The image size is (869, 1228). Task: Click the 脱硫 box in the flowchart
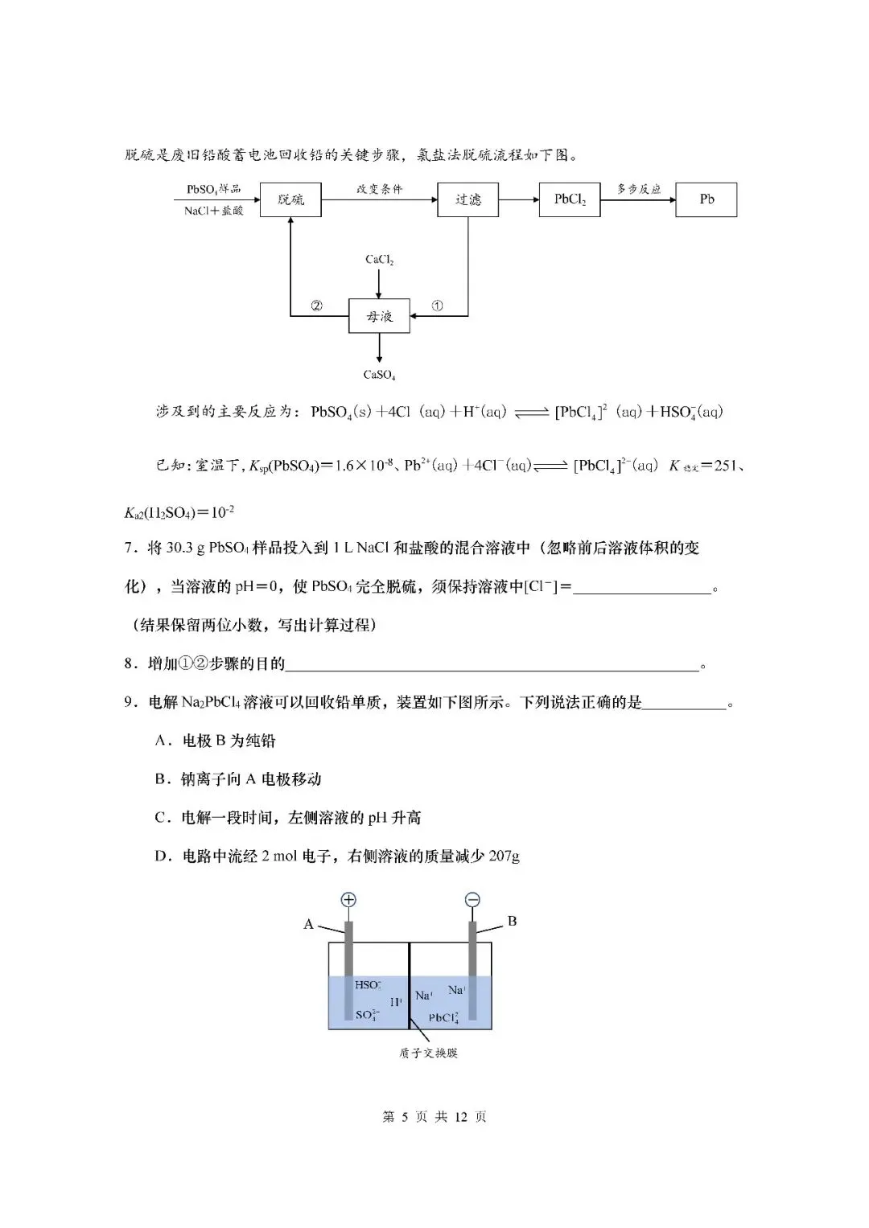290,199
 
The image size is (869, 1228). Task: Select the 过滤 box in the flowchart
467,199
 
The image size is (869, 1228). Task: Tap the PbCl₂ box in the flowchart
570,199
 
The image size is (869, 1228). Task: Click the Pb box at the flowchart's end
706,199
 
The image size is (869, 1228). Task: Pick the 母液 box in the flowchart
379,316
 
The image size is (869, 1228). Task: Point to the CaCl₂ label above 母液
379,260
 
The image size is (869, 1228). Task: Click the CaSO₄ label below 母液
379,375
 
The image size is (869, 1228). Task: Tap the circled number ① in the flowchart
437,306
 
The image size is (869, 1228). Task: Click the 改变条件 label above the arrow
379,190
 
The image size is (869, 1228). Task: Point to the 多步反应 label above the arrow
639,189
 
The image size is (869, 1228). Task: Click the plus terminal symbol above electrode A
348,900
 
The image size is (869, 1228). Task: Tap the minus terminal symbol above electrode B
472,900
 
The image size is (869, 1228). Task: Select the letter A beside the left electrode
308,924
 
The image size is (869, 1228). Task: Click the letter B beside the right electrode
512,922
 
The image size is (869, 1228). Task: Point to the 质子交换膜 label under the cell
428,1053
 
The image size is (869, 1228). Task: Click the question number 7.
129,548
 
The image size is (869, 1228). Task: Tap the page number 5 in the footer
405,1117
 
